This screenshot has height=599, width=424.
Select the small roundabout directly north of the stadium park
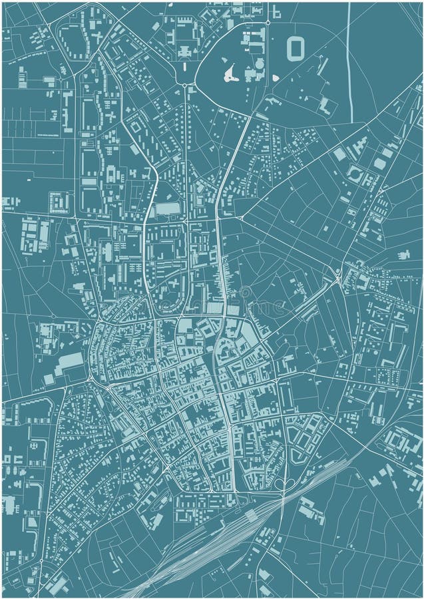point(268,22)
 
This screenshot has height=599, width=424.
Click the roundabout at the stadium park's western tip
point(184,85)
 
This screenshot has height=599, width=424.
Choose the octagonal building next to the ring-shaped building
point(379,164)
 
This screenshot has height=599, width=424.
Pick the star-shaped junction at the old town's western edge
point(97,324)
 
